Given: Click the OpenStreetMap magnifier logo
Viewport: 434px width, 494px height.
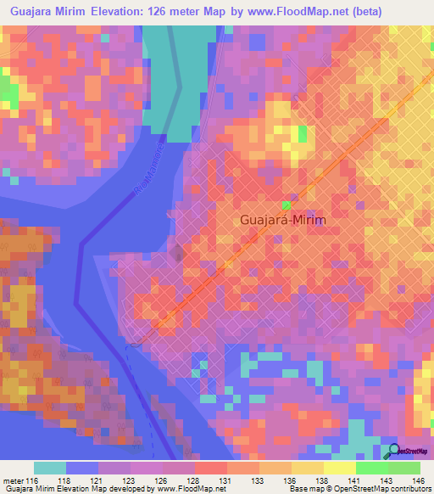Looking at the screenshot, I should [393, 451].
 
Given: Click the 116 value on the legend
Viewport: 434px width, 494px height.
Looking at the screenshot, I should [33, 480].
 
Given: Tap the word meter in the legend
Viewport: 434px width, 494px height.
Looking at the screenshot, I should [13, 480].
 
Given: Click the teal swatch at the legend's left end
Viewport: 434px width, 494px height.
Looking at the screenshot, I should [50, 468].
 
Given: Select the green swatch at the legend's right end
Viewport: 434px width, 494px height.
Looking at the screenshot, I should [403, 468].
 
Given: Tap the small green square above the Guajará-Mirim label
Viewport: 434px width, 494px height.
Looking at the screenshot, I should [287, 205].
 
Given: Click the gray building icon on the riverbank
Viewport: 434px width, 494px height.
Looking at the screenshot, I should [177, 252].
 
